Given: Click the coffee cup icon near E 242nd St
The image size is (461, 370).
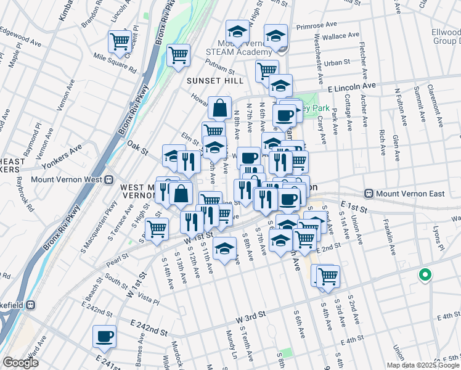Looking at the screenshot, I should tap(104, 337).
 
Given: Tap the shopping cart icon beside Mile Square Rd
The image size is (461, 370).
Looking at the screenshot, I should tap(120, 42).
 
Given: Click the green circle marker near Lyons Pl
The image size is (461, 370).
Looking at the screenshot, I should tap(424, 275).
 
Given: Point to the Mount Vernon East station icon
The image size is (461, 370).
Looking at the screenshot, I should tap(369, 194).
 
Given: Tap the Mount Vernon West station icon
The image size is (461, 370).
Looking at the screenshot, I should tap(108, 180).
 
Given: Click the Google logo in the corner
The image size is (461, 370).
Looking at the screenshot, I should tap(20, 363).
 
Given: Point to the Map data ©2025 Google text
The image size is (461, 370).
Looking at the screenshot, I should tap(422, 365).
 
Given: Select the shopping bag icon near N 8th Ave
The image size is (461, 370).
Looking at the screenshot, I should tap(220, 108).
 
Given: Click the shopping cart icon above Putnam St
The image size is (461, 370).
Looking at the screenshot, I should tap(178, 55).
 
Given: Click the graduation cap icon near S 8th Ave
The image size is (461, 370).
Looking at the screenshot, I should tap(225, 248).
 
